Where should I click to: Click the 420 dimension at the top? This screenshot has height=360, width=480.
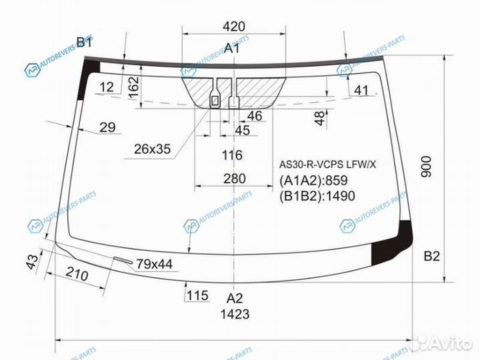coord(234,27)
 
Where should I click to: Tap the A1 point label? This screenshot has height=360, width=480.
coord(232,48)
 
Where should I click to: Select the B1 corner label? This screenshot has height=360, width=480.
coord(84,42)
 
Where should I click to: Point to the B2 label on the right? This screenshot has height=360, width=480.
coord(431,256)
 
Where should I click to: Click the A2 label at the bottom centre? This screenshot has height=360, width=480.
coord(235,298)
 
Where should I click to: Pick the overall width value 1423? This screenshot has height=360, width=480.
coord(235,314)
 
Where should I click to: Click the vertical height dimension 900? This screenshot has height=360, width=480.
coord(426,167)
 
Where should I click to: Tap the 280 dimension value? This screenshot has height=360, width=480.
coord(235,179)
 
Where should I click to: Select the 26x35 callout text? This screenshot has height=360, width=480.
coord(152,149)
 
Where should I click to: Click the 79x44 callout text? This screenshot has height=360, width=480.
coord(154,264)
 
